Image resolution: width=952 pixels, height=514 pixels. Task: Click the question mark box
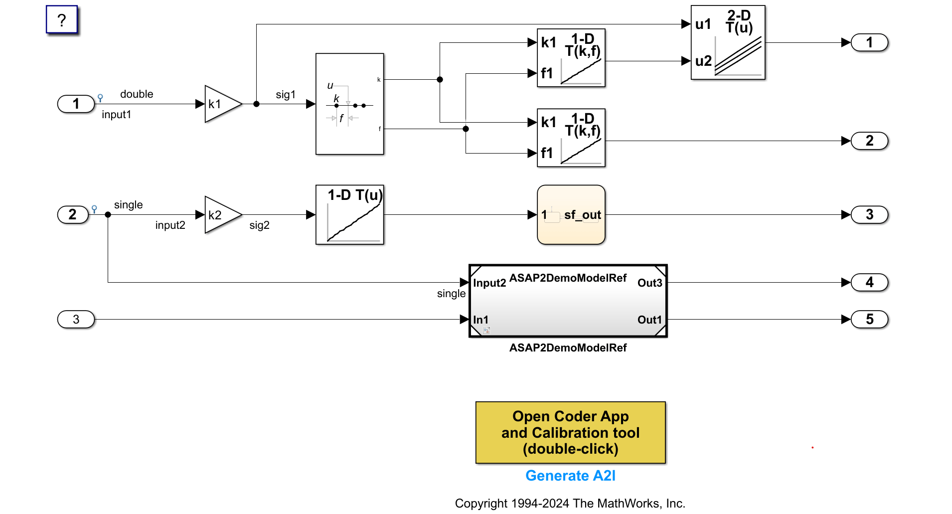coord(62,20)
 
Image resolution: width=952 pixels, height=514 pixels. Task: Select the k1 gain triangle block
coord(221,104)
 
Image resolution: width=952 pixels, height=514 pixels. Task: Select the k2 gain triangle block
coord(221,215)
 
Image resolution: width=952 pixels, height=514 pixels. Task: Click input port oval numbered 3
coord(76,320)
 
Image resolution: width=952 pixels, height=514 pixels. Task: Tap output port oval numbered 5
coord(869,320)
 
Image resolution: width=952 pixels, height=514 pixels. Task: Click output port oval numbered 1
coord(869,43)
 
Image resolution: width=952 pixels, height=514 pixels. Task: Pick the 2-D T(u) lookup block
coord(728,43)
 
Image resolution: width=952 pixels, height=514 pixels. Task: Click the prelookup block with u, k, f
coord(349,104)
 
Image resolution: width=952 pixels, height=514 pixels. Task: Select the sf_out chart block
coord(571,215)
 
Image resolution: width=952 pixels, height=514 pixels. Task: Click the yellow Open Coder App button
coord(570,432)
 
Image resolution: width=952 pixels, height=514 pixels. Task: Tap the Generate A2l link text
coord(570,476)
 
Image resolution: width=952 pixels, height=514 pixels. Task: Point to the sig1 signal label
coord(286,95)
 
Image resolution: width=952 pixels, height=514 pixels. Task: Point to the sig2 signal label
coord(259,225)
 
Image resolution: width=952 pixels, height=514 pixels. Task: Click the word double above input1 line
coord(137,94)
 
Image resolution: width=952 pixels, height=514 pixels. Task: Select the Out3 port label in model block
coord(649,283)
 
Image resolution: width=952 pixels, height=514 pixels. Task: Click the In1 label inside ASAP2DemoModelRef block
coord(480,320)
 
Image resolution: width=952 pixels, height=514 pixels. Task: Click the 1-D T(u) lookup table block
coord(349,215)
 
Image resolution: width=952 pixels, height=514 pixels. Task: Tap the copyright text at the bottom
coord(570,504)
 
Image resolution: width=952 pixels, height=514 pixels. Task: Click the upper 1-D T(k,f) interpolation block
coord(571,58)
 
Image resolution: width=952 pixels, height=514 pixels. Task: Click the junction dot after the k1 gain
coord(256,104)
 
